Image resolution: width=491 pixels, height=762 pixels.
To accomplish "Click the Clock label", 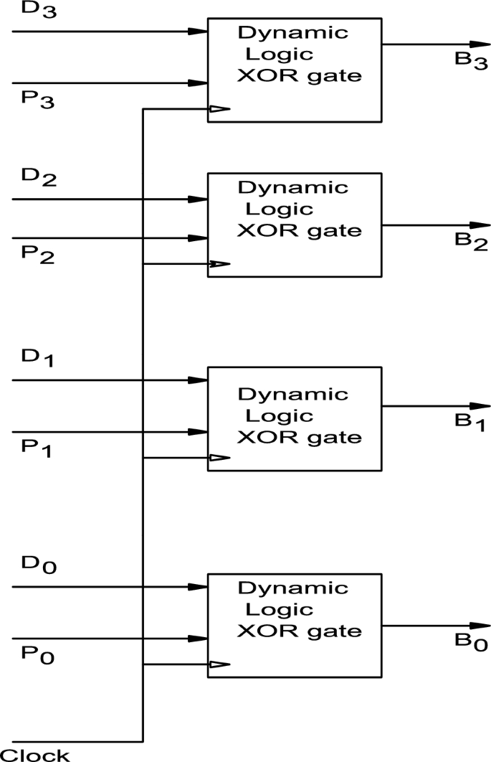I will pyautogui.click(x=35, y=754).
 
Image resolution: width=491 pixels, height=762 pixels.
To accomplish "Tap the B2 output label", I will pyautogui.click(x=471, y=243).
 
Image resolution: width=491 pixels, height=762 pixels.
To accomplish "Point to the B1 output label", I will pyautogui.click(x=470, y=423).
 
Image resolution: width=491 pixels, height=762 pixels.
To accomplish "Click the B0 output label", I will pyautogui.click(x=470, y=642).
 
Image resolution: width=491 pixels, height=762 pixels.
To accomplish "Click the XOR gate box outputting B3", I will pyautogui.click(x=294, y=69).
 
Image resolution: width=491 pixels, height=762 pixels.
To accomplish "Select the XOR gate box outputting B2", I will pyautogui.click(x=294, y=225).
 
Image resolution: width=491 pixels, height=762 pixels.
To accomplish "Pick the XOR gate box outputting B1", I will pyautogui.click(x=294, y=418).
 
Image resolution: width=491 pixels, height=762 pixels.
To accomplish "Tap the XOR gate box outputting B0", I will pyautogui.click(x=294, y=625).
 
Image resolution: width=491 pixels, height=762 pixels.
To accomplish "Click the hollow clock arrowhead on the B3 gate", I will pyautogui.click(x=219, y=109).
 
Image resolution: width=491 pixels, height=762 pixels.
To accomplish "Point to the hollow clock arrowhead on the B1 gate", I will pyautogui.click(x=219, y=458).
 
